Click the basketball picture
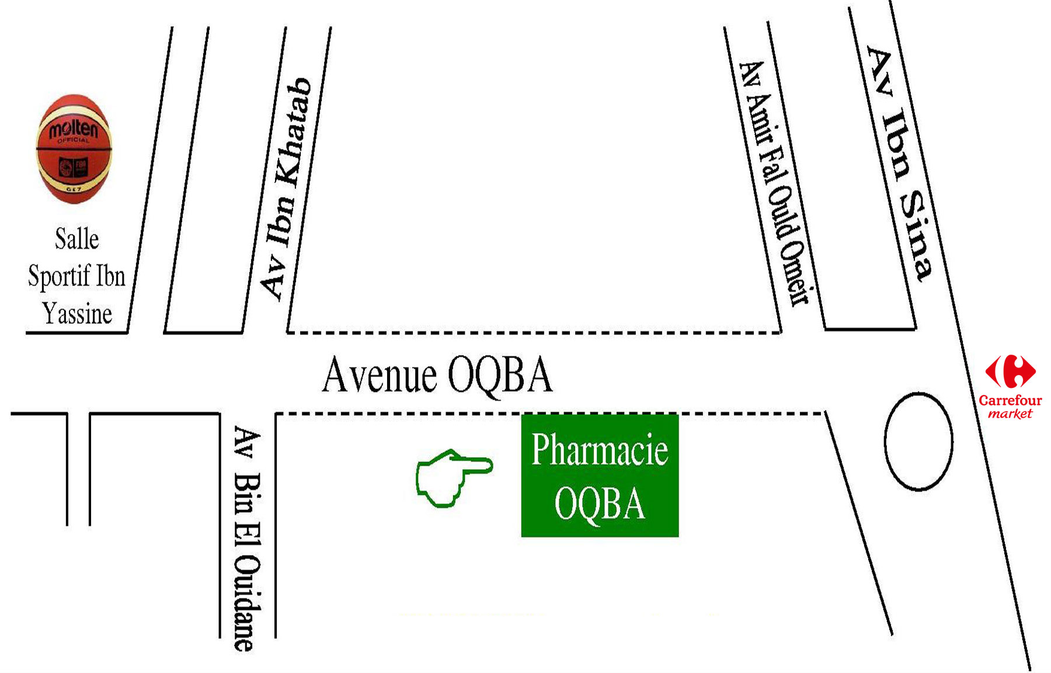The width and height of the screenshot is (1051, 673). pyautogui.click(x=74, y=149)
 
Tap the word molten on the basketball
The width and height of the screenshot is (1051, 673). pyautogui.click(x=73, y=129)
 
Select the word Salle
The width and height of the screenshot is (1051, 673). pyautogui.click(x=76, y=239)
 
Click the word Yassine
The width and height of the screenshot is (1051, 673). pyautogui.click(x=77, y=314)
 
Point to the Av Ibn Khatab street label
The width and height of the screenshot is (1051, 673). pyautogui.click(x=286, y=188)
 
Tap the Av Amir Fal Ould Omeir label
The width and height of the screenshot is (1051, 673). pyautogui.click(x=774, y=183)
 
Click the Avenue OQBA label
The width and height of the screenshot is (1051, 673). pyautogui.click(x=437, y=375)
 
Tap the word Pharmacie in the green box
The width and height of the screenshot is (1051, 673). pyautogui.click(x=600, y=450)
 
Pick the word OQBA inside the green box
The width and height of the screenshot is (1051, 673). pyautogui.click(x=600, y=504)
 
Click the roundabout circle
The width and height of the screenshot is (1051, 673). pyautogui.click(x=918, y=442)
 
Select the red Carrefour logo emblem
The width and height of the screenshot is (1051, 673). pyautogui.click(x=1011, y=371)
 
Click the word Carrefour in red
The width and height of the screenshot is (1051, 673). pyautogui.click(x=1010, y=401)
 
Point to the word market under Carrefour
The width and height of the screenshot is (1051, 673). pyautogui.click(x=1010, y=414)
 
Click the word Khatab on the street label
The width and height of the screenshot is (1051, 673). pyautogui.click(x=294, y=131)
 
